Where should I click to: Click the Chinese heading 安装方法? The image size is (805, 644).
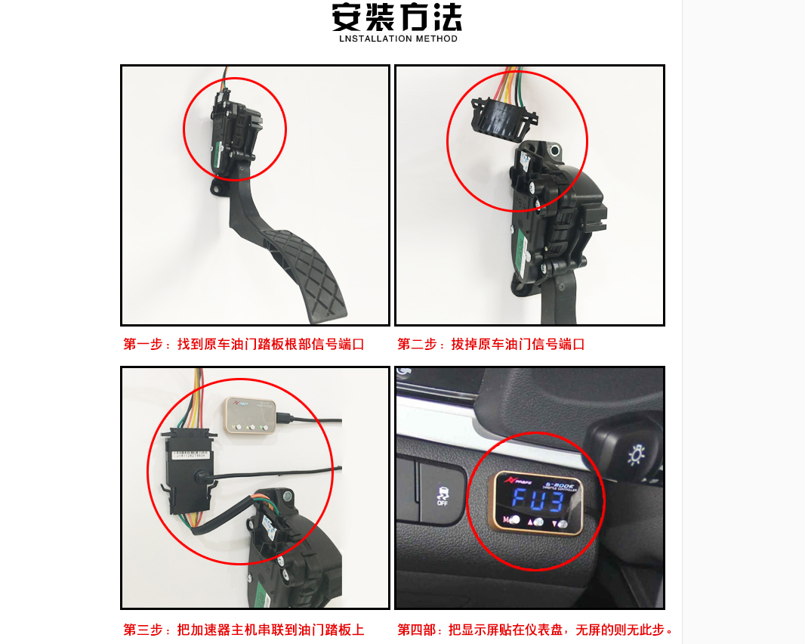pos(396,17)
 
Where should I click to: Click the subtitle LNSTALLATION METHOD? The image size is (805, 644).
pos(398,39)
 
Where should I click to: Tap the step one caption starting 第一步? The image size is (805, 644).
pos(243,345)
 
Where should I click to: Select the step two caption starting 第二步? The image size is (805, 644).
pos(491,345)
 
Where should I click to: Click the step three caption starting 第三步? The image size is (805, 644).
pos(243,630)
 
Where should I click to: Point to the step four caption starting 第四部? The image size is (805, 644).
pos(535,630)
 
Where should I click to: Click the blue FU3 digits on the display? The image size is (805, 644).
pos(538,500)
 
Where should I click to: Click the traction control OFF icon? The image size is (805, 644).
pos(442,497)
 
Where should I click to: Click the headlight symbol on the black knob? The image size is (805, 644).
pos(635,455)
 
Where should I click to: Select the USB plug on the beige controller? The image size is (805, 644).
pos(284,417)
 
